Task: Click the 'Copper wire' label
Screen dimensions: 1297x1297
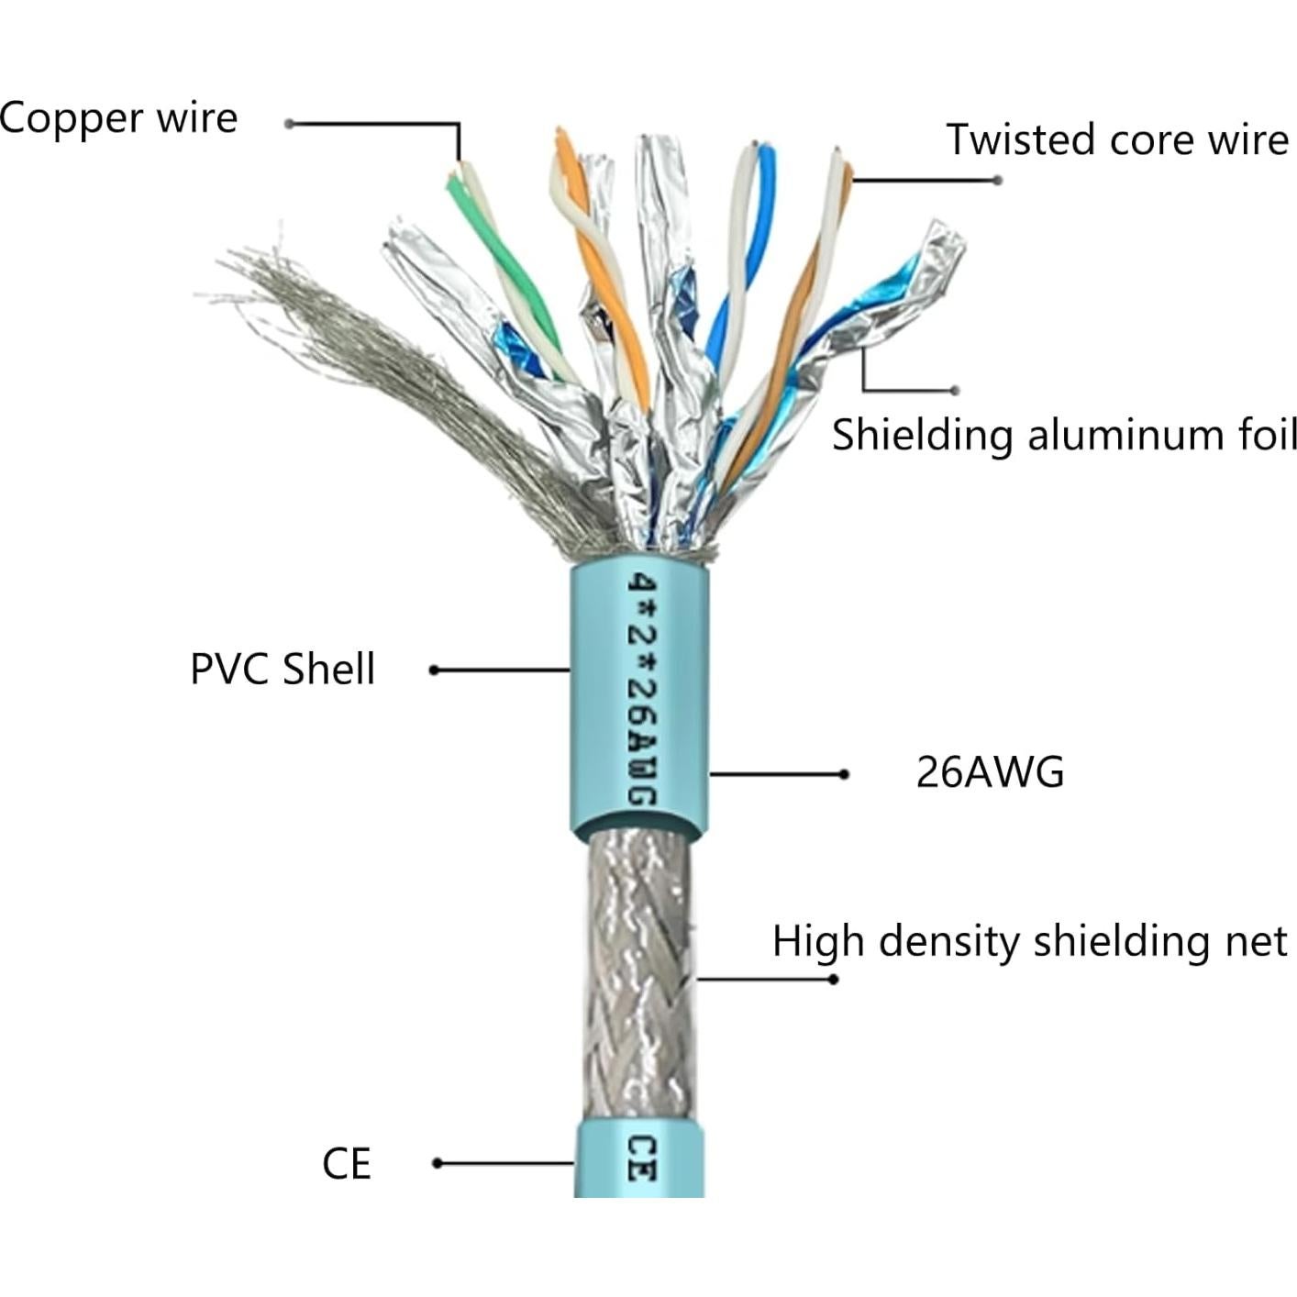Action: pyautogui.click(x=117, y=119)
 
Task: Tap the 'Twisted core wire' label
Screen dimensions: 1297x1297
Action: pyautogui.click(x=1117, y=139)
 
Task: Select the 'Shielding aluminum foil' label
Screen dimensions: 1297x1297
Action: pyautogui.click(x=1064, y=435)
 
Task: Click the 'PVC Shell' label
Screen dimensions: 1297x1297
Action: pyautogui.click(x=283, y=670)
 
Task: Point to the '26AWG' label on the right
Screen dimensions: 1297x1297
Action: pyautogui.click(x=990, y=772)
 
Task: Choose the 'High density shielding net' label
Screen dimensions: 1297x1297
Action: pyautogui.click(x=1029, y=942)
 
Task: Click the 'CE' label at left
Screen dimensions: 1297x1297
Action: pyautogui.click(x=347, y=1164)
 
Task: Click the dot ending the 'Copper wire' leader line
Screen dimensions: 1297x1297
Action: pyautogui.click(x=289, y=124)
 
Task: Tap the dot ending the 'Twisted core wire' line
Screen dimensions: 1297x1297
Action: pyautogui.click(x=998, y=180)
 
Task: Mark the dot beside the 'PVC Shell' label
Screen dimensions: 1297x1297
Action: pyautogui.click(x=434, y=671)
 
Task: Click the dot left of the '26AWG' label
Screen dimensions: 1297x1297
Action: pyautogui.click(x=844, y=774)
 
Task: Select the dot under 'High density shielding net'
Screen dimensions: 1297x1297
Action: pyautogui.click(x=833, y=980)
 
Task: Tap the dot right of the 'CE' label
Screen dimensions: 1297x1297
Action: pyautogui.click(x=438, y=1163)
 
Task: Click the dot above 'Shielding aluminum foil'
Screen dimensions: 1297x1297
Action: pyautogui.click(x=956, y=390)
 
